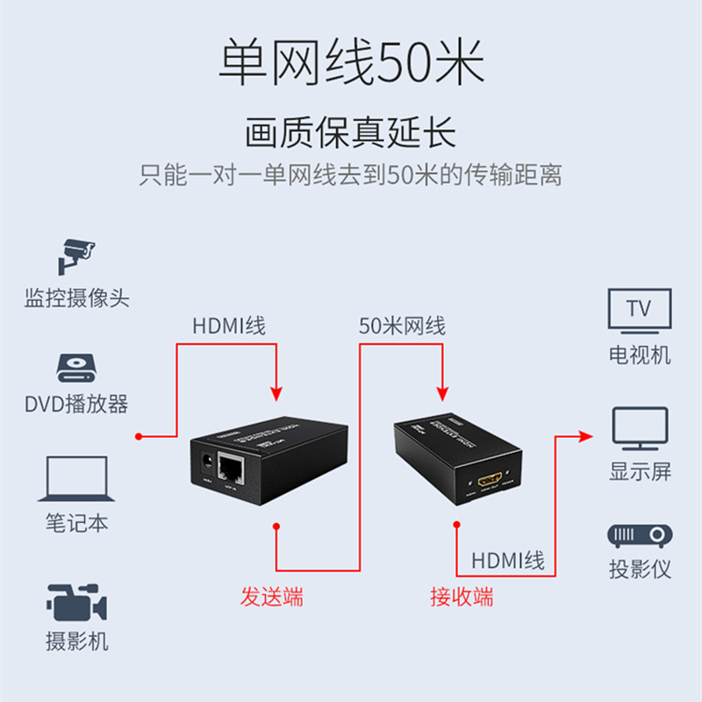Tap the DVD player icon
point(76,367)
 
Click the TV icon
point(640,312)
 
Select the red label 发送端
point(272,598)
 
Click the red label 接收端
point(462,598)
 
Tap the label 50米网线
point(402,326)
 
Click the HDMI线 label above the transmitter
point(229,326)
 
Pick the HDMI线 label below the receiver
point(508,560)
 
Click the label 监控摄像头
point(76,298)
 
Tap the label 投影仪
point(640,569)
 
